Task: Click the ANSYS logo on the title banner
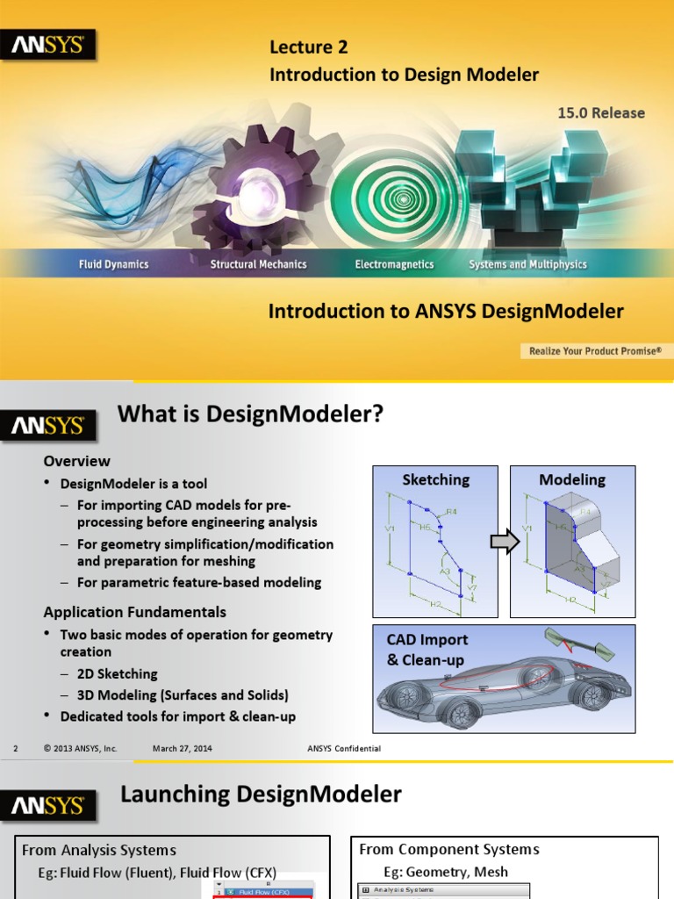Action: tap(48, 45)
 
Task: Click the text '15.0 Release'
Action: tap(601, 113)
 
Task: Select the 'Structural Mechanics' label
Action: tap(258, 264)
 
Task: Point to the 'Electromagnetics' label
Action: tap(394, 264)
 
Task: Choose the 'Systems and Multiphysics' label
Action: tap(527, 264)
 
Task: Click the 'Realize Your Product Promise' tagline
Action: tap(593, 351)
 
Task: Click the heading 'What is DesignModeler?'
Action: tap(251, 414)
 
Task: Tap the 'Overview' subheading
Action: tap(77, 461)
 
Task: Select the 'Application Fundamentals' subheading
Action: tap(135, 612)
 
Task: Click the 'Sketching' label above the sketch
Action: tap(435, 480)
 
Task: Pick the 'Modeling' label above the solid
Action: tap(572, 480)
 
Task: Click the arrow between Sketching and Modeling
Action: tap(504, 543)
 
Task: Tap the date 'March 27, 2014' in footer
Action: tap(182, 748)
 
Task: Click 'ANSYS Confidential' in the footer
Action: tap(344, 748)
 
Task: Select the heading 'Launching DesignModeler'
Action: tap(261, 795)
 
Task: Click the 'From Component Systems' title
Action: tap(449, 849)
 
